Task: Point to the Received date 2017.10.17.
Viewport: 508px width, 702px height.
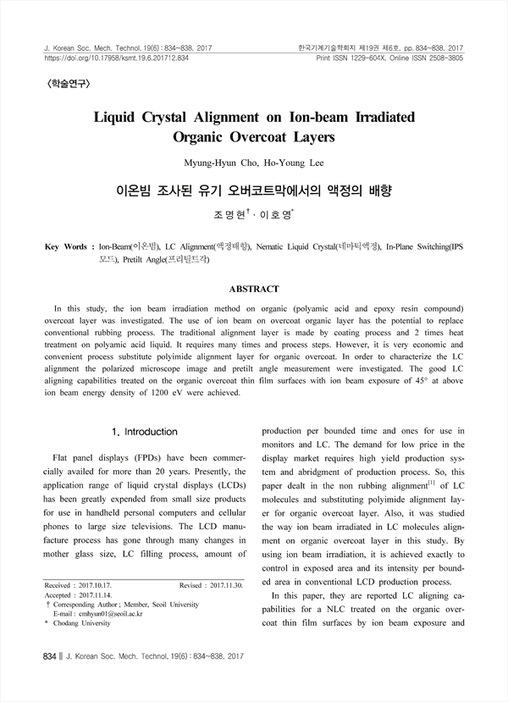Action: coord(100,585)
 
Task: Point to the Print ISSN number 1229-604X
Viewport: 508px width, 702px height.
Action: coord(373,59)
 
